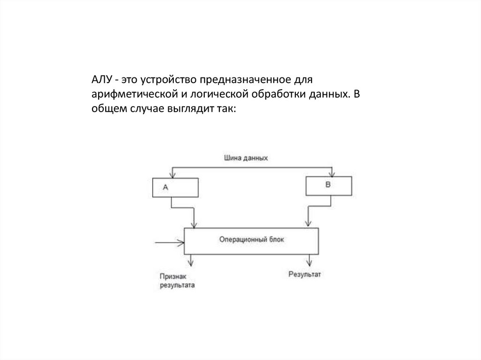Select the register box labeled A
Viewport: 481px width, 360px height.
tap(175, 187)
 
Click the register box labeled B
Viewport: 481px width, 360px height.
tap(329, 185)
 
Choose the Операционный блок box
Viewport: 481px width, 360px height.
tap(251, 241)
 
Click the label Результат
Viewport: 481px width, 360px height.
tap(305, 274)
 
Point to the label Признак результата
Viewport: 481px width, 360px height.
tap(176, 281)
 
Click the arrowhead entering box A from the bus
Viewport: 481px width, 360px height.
tap(173, 175)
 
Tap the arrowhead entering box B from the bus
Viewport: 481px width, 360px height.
tap(332, 173)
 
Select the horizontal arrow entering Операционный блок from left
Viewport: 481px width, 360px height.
tap(169, 242)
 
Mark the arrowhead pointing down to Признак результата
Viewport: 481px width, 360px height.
tap(190, 261)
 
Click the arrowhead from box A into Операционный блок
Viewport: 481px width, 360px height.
tap(194, 225)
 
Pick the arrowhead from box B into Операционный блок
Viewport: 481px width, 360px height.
tap(307, 224)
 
